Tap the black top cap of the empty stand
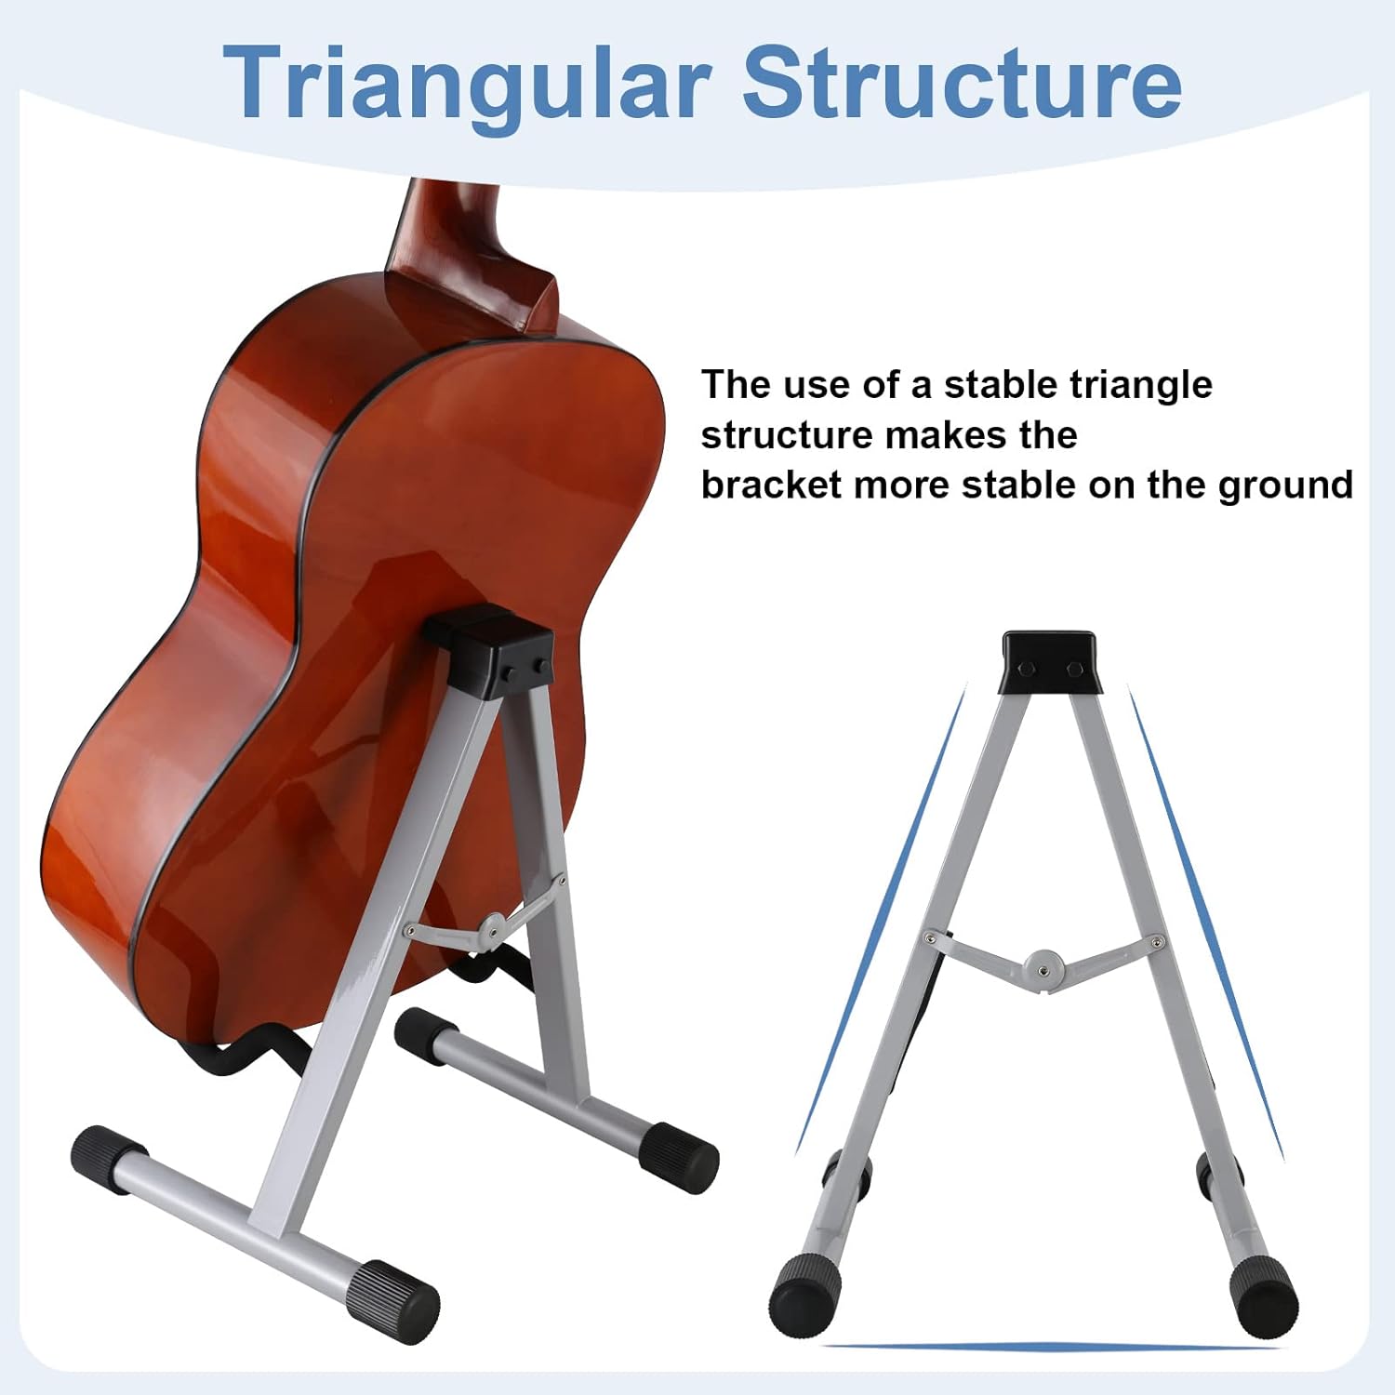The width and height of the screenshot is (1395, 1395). pos(1048,661)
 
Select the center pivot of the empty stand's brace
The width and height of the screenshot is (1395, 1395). pos(1043,963)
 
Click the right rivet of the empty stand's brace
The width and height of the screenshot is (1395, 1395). pos(1156,943)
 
